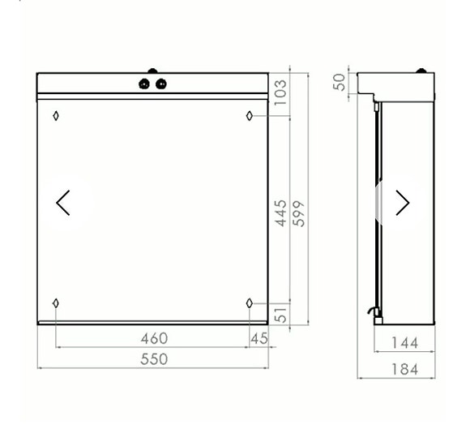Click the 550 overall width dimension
[x=154, y=358]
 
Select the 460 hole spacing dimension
[x=154, y=338]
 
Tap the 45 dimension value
[x=259, y=338]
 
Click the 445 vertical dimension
[x=280, y=212]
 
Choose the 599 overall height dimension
[x=298, y=212]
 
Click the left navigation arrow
[x=63, y=203]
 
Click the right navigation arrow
[x=402, y=203]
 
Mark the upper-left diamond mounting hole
[x=55, y=115]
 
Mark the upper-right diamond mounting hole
[x=250, y=115]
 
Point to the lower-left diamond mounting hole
[x=55, y=303]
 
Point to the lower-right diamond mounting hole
[x=250, y=303]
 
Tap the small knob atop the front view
[x=152, y=71]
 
